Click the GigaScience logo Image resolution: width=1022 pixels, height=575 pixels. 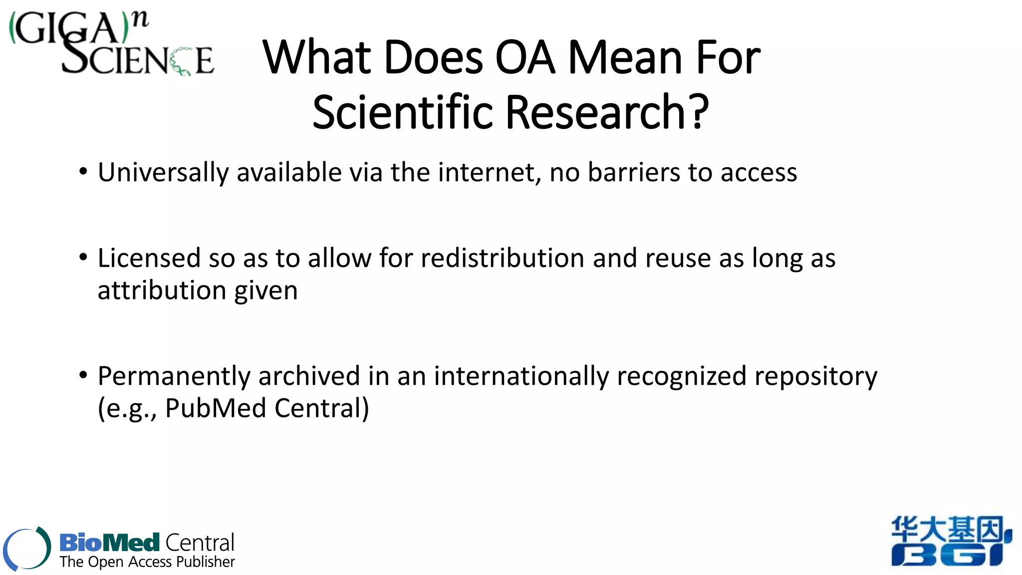click(112, 44)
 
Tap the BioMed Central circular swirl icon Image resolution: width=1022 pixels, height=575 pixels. click(27, 549)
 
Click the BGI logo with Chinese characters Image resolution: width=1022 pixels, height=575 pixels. click(951, 542)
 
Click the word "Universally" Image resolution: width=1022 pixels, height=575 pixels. click(163, 173)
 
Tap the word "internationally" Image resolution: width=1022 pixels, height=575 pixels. click(521, 376)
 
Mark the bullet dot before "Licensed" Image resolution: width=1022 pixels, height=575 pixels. click(83, 258)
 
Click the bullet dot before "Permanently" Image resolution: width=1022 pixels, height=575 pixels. click(83, 375)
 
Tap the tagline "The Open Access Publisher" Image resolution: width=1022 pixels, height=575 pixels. click(147, 562)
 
